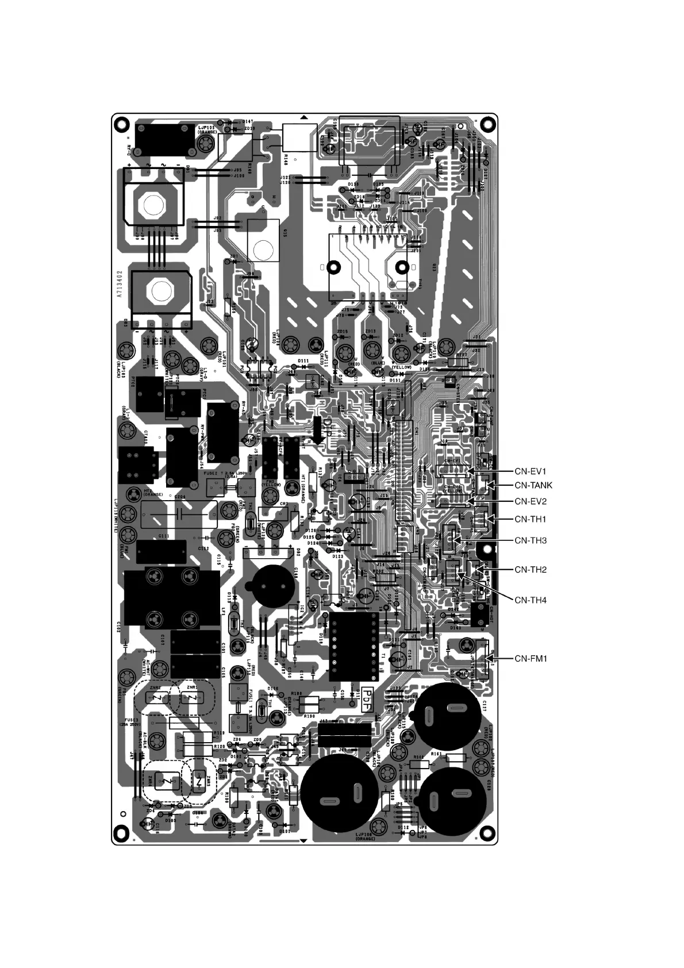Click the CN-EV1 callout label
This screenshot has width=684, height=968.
point(531,471)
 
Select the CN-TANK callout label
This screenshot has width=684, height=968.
point(533,486)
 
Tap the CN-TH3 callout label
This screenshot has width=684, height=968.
point(531,541)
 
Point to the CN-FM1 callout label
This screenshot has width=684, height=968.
point(531,659)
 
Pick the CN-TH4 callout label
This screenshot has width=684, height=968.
point(531,601)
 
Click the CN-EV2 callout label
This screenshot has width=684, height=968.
point(531,501)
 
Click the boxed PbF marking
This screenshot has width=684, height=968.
point(366,701)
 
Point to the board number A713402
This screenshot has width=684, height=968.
point(120,283)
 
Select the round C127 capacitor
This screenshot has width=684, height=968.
point(448,716)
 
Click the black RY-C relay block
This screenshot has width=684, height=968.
point(163,139)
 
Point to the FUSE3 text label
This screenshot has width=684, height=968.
point(126,720)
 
